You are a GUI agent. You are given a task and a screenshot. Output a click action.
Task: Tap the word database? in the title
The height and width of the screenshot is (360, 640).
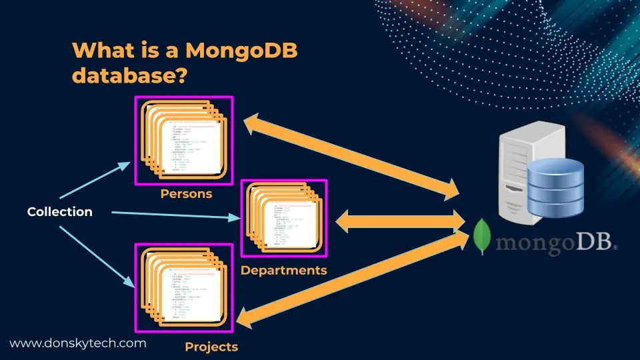coord(128,75)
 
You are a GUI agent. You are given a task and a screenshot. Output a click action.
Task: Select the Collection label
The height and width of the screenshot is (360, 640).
coord(59,212)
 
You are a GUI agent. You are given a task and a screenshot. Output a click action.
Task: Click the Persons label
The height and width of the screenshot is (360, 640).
coord(186,194)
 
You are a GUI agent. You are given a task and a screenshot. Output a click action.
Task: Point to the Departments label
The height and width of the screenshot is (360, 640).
coord(283,270)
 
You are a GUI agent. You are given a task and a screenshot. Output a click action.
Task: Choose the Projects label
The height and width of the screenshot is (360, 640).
coord(211,347)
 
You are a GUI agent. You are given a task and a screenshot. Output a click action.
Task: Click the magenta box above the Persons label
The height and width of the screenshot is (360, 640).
coord(184,141)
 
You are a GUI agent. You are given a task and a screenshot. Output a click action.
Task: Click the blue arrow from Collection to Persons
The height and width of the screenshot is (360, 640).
coord(95,180)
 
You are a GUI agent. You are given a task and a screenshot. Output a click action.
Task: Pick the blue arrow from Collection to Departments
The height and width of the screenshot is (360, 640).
coord(173,215)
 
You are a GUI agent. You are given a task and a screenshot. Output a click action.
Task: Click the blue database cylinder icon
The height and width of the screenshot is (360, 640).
coord(555,188)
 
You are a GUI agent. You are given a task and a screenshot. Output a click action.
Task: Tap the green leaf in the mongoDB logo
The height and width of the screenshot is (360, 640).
coord(483,237)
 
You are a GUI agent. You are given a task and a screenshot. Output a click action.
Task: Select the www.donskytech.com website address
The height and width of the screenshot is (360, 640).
coord(77,343)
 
